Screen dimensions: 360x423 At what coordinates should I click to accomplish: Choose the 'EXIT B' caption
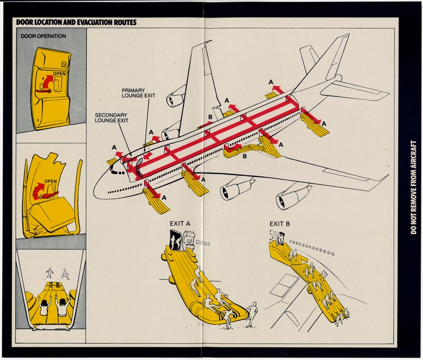point(280,224)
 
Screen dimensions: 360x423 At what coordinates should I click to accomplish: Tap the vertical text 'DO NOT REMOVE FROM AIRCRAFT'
point(413,187)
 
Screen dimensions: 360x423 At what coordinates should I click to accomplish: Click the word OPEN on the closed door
point(59,74)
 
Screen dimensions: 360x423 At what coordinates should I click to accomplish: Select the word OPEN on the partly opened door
point(50,181)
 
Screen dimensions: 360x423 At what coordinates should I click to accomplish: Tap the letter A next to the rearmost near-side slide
point(324,123)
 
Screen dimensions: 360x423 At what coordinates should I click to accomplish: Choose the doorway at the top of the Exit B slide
point(280,238)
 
